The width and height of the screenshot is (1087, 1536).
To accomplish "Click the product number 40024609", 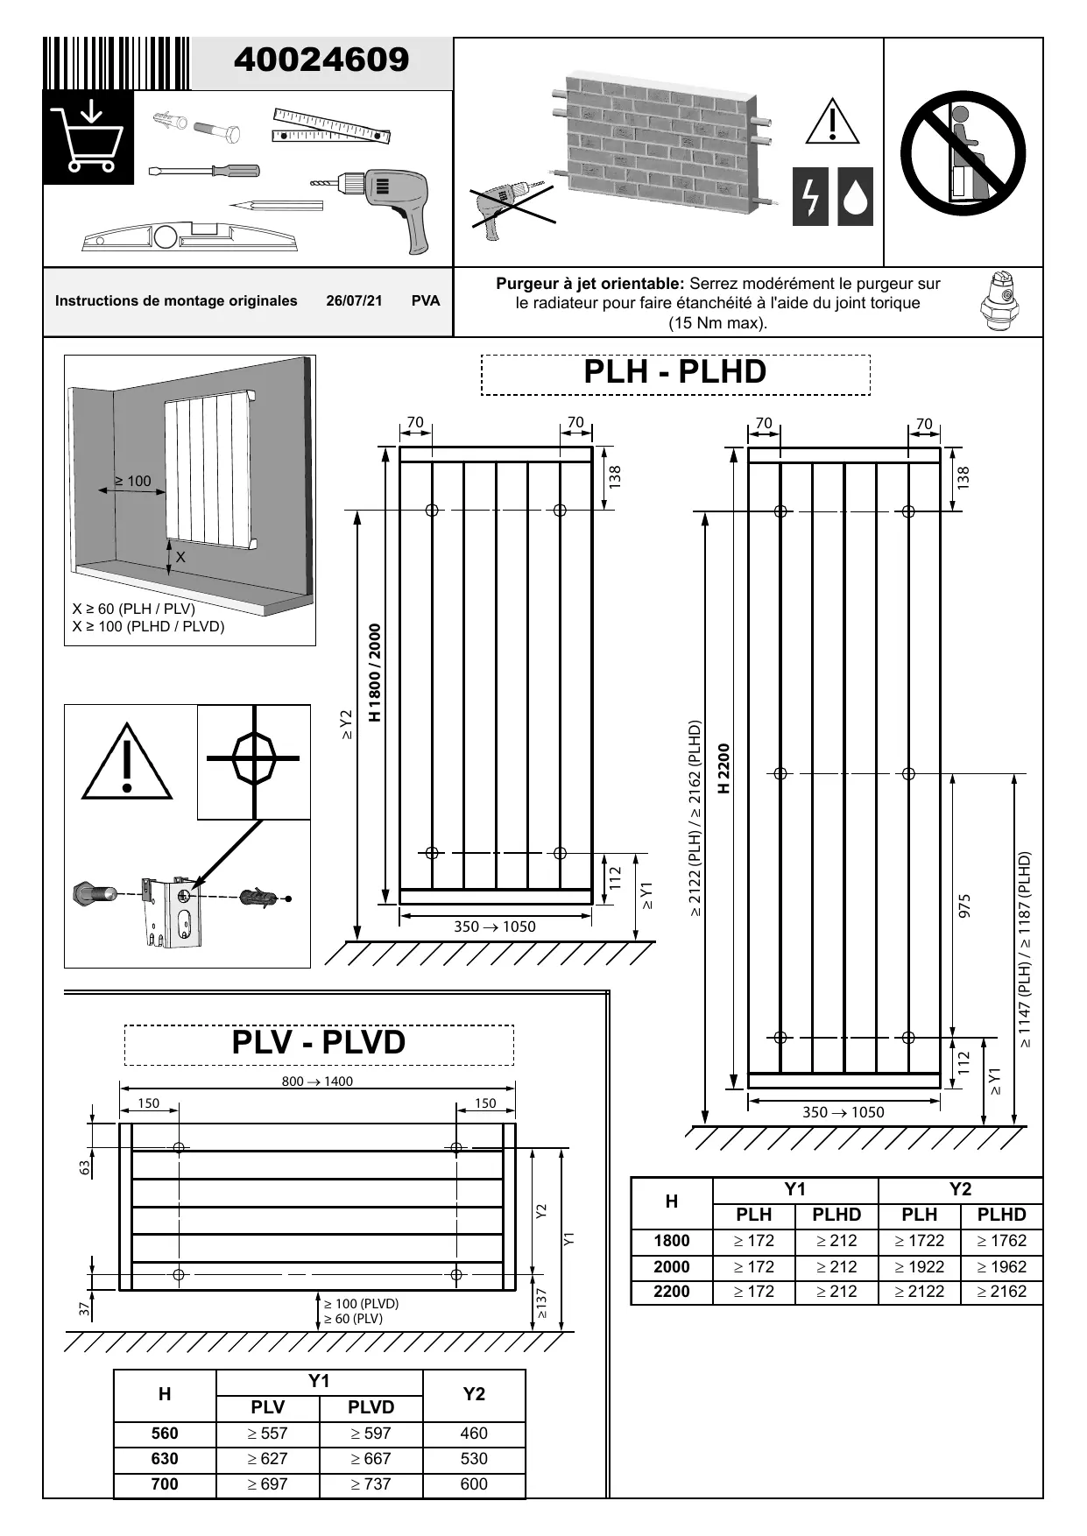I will [x=321, y=60].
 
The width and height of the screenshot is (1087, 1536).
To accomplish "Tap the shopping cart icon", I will [x=88, y=137].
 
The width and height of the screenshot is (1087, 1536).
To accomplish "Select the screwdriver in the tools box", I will [x=204, y=171].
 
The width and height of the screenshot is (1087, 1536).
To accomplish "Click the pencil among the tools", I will [x=276, y=206].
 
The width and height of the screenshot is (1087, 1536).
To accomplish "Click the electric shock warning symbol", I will [x=810, y=196].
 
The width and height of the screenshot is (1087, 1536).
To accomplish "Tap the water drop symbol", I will [x=856, y=196].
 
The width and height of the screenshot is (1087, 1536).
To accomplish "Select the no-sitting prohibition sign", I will [x=963, y=152].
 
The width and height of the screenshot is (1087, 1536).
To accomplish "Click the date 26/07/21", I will [x=354, y=301].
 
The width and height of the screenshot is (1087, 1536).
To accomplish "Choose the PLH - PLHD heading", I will [x=674, y=372].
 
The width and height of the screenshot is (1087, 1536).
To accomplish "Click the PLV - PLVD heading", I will [x=319, y=1043].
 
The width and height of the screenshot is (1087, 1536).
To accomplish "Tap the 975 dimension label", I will [x=964, y=905].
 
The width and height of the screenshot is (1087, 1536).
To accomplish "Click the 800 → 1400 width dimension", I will [x=317, y=1082].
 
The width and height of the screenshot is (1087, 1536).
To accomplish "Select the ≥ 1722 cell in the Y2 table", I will [x=919, y=1241].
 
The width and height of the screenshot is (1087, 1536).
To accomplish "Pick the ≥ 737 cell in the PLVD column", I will [x=371, y=1484].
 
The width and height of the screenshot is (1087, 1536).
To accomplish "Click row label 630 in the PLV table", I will [x=165, y=1459].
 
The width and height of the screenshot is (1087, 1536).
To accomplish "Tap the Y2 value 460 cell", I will [x=474, y=1434].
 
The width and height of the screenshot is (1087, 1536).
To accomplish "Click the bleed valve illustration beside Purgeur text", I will [x=999, y=300].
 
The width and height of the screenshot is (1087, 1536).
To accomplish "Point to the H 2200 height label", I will [x=723, y=769].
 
